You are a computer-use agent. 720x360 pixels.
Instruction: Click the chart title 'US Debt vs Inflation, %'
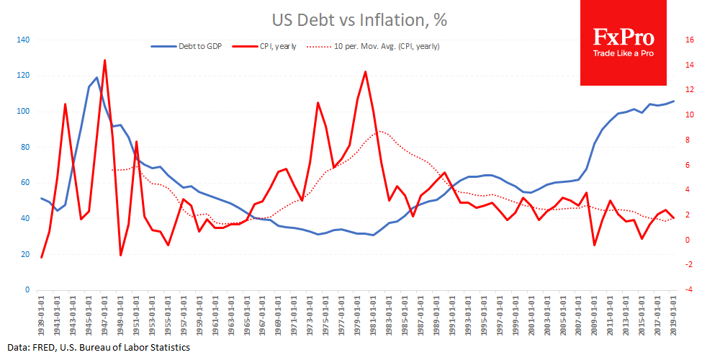tap(360, 20)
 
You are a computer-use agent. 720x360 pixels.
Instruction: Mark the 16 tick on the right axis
tap(690, 40)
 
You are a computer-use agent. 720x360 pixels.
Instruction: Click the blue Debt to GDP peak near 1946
tap(97, 78)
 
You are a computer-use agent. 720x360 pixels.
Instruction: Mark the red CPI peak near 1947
tap(105, 60)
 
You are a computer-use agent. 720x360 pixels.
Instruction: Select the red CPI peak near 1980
tap(366, 72)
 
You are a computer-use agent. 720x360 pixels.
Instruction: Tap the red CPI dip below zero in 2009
tap(595, 246)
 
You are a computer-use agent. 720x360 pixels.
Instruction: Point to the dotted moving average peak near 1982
tap(382, 132)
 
